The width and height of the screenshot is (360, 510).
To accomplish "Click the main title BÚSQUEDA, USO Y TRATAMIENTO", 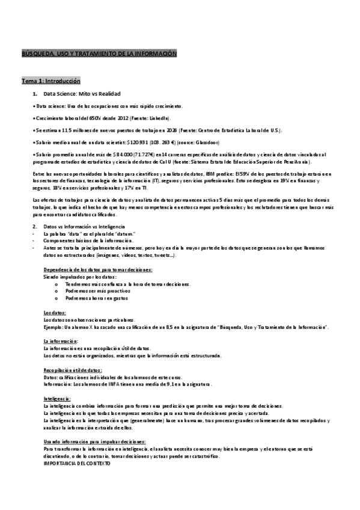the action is coord(99,54).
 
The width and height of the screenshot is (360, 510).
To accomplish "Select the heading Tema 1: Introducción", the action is coord(51,81).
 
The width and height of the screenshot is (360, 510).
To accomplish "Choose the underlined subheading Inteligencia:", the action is coord(56,398).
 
